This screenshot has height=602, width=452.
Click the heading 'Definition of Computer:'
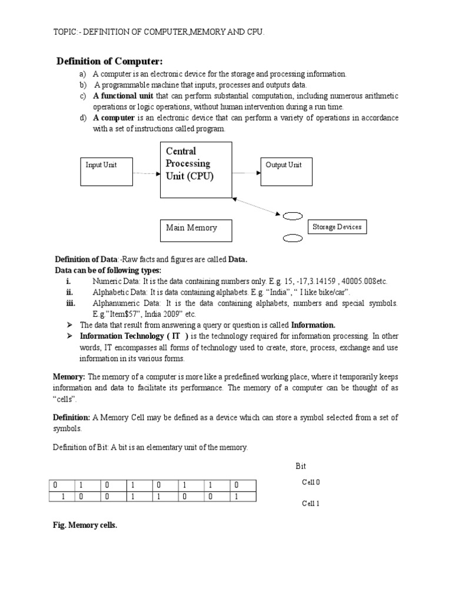[x=109, y=62]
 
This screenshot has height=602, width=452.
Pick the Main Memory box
[x=196, y=229]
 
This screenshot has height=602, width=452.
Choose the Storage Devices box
[x=337, y=227]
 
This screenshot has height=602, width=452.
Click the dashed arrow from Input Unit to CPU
[x=146, y=173]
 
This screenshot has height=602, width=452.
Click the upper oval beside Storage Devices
[x=293, y=216]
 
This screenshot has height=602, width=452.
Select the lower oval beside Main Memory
[x=293, y=239]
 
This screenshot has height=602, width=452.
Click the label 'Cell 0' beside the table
[x=311, y=482]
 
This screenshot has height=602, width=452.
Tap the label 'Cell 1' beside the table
[x=311, y=504]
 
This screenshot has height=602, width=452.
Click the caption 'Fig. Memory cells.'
[x=85, y=526]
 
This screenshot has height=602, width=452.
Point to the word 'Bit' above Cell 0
[x=301, y=466]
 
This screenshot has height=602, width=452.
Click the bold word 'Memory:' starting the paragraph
[x=69, y=376]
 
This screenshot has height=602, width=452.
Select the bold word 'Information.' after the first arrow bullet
[x=314, y=325]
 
